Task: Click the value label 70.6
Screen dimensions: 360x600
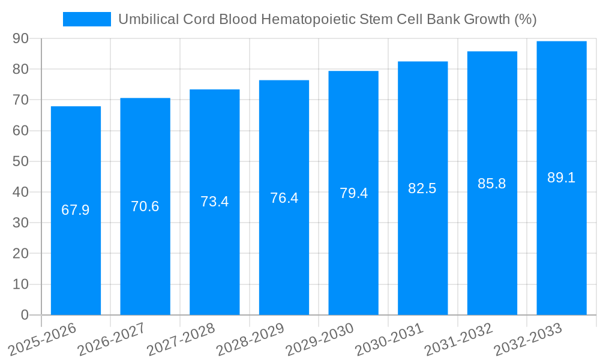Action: pos(145,206)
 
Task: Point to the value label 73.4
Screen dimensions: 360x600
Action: pos(214,202)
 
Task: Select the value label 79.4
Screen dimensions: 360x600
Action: pos(353,193)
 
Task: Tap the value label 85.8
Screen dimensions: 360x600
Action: pos(492,184)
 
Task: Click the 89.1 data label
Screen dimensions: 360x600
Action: pos(562,178)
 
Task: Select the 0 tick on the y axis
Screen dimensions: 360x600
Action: pos(25,315)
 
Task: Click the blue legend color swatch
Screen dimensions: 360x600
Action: pos(87,19)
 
